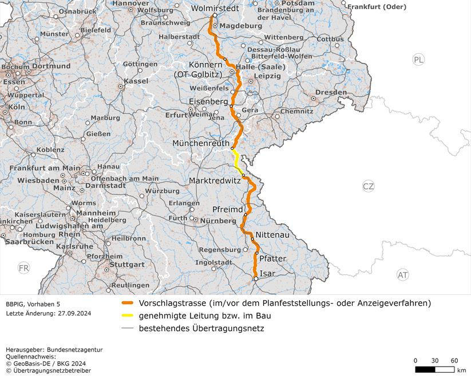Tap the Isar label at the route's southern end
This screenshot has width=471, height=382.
click(267, 274)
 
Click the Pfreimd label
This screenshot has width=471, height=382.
click(228, 209)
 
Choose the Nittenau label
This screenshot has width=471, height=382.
click(273, 235)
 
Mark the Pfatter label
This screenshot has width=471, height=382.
click(272, 259)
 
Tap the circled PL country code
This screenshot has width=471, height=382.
click(419, 60)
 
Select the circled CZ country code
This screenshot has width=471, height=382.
click(368, 186)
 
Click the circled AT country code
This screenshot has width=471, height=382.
click(403, 275)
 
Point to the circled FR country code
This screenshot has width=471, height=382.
click(23, 268)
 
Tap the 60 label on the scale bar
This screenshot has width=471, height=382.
click(454, 360)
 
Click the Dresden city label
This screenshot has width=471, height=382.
click(331, 92)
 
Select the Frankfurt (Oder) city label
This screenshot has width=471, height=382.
click(377, 7)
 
